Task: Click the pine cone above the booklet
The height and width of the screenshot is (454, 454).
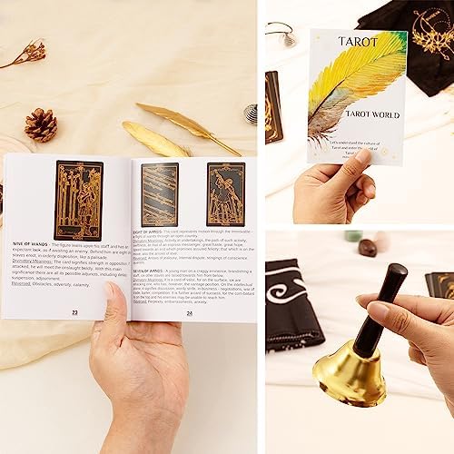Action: point(40,124)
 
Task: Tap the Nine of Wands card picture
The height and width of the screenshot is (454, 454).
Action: point(79,199)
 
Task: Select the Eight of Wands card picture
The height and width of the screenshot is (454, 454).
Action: point(160,194)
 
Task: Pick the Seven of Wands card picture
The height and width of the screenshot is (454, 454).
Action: point(225,193)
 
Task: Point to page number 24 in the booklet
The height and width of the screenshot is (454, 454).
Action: point(190,312)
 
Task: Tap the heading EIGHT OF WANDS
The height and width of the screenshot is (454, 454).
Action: point(152,231)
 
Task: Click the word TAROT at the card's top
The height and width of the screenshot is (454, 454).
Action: point(358,42)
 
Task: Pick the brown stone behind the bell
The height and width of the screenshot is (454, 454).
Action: point(367,247)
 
